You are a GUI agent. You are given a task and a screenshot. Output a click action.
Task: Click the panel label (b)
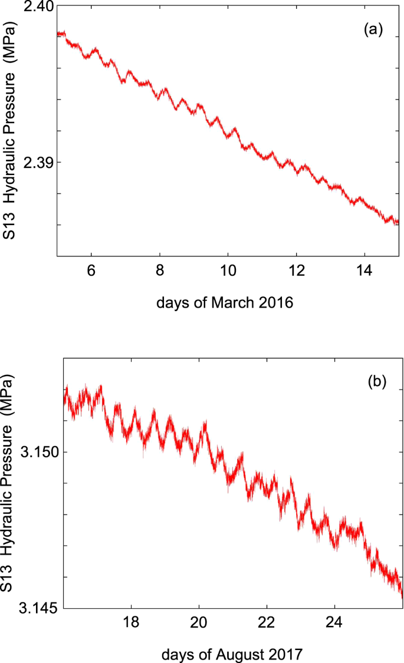tap(376, 381)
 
